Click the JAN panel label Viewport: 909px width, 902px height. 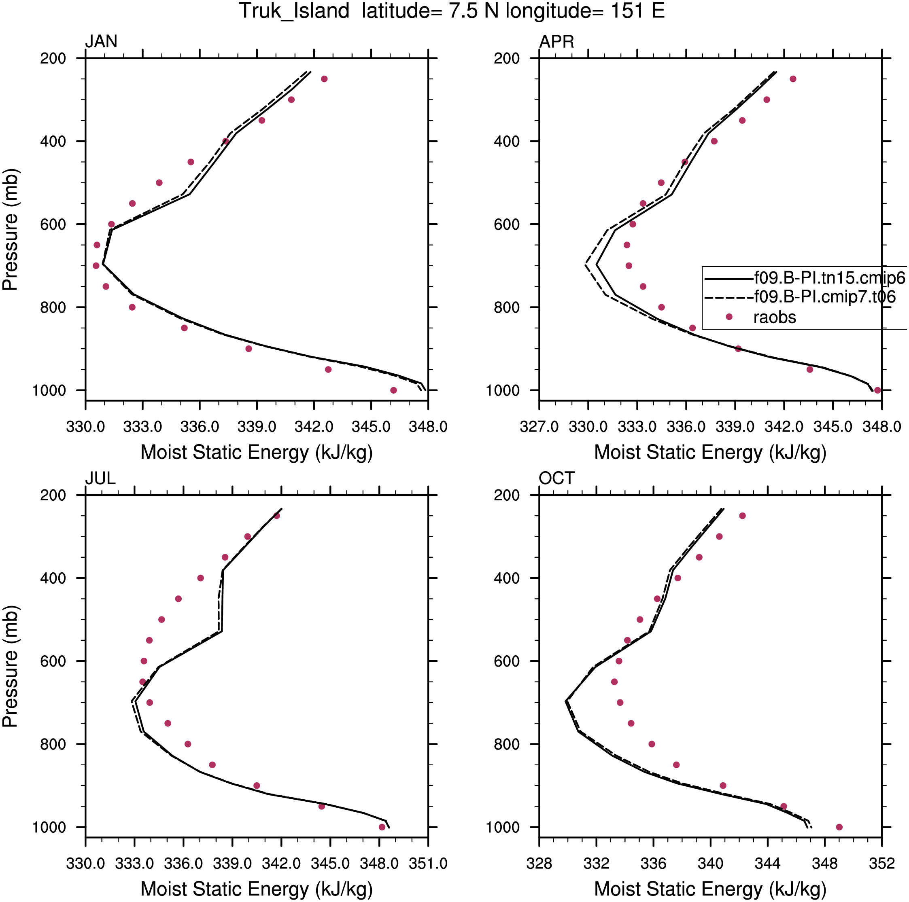point(101,42)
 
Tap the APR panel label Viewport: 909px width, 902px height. point(556,42)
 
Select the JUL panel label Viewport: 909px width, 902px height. point(100,478)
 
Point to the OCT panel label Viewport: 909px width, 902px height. point(556,478)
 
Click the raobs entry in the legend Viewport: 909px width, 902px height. point(775,318)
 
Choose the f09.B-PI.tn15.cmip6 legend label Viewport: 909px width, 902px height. point(830,278)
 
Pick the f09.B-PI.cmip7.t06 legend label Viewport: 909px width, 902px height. point(825,297)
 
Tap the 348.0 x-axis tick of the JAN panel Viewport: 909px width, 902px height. point(428,427)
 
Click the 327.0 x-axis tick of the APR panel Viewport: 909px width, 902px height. point(539,427)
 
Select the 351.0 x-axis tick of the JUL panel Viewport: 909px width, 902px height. point(428,864)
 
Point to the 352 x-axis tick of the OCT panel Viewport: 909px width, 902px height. point(882,864)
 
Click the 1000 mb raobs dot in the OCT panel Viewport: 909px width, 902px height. point(839,827)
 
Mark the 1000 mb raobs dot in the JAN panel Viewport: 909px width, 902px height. point(394,390)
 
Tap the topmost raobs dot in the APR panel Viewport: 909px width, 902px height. point(793,79)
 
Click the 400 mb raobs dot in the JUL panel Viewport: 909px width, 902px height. point(201,578)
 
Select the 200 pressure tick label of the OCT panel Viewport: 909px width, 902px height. point(507,495)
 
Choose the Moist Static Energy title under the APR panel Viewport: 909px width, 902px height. point(710,452)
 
